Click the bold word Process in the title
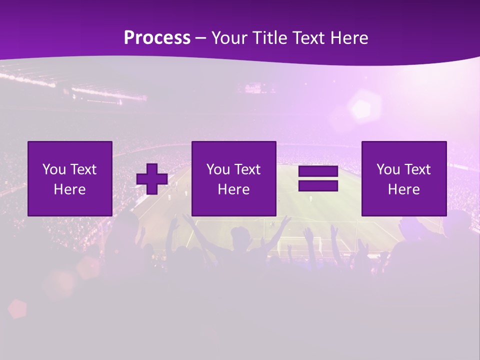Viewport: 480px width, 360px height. [157, 38]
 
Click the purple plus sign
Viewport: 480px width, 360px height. [152, 179]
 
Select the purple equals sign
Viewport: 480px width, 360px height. [318, 178]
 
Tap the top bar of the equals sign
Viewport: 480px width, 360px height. [318, 171]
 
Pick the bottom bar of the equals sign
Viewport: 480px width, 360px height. [318, 185]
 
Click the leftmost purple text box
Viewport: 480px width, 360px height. [70, 178]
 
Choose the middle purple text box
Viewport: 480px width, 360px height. [233, 178]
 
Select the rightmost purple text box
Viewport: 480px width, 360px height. [404, 178]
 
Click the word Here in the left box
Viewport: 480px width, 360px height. [70, 189]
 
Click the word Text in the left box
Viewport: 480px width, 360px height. [83, 169]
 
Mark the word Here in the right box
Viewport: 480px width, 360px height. [404, 189]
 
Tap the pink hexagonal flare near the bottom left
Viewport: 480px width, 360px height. [17, 308]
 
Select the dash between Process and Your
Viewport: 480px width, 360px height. [201, 38]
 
